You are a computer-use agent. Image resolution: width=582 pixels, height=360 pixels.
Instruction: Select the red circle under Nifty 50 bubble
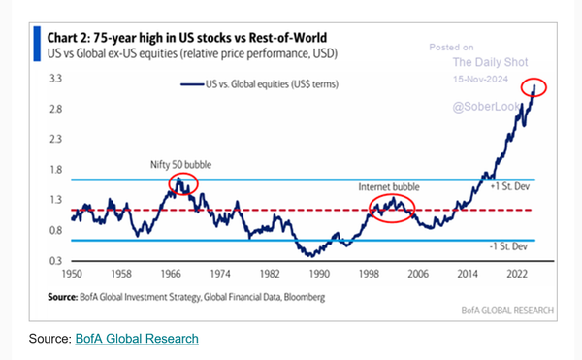click(x=182, y=182)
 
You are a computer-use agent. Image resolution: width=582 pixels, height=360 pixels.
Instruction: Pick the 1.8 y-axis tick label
click(x=56, y=170)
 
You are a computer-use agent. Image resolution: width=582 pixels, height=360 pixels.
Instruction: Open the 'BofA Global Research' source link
click(x=136, y=338)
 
